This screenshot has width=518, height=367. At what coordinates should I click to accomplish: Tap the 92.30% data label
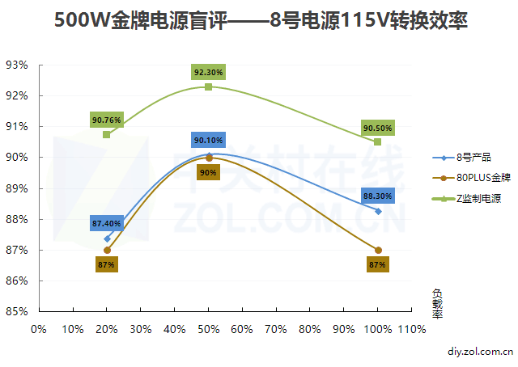click(x=208, y=72)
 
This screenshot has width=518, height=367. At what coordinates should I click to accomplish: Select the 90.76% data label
click(x=107, y=120)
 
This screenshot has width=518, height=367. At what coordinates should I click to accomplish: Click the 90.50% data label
click(x=378, y=128)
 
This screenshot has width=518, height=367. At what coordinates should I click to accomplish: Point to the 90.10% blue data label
click(x=208, y=140)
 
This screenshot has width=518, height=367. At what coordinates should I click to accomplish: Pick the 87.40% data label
click(x=107, y=223)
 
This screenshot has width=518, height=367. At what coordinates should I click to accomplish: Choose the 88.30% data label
click(x=378, y=196)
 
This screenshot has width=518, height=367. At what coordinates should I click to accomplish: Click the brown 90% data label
click(x=208, y=172)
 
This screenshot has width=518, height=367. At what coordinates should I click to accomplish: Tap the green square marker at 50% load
click(x=209, y=86)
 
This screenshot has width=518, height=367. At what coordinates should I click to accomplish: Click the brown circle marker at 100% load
click(x=378, y=251)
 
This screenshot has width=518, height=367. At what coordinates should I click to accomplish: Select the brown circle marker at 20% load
click(x=107, y=251)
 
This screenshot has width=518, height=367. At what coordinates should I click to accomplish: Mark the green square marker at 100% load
click(x=378, y=141)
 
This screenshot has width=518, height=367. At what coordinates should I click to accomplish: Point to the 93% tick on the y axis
click(x=17, y=65)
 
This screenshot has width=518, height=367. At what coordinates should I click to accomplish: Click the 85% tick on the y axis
click(x=17, y=312)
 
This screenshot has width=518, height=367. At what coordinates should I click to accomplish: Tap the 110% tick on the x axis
click(x=411, y=329)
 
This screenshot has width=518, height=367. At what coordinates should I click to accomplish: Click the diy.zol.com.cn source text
click(x=481, y=352)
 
